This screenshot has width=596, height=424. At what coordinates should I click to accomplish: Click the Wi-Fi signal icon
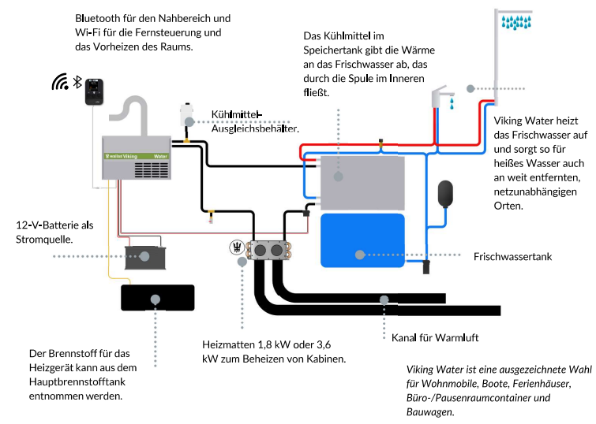point(60,82)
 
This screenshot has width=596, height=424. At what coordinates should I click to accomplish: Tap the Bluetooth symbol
point(77,82)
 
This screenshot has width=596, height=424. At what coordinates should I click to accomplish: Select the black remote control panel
point(95,91)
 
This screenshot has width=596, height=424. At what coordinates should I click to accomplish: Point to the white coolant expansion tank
point(188,115)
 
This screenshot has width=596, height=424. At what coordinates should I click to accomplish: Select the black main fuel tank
point(157,297)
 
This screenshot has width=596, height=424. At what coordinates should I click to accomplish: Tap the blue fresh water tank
point(362,240)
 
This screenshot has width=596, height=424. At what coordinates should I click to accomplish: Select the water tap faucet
point(442,98)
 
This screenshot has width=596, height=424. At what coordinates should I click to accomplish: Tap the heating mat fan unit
point(267,251)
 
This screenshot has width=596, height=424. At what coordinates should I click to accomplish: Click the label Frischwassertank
point(512,257)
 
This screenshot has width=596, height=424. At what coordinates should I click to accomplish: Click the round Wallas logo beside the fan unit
point(235,247)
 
